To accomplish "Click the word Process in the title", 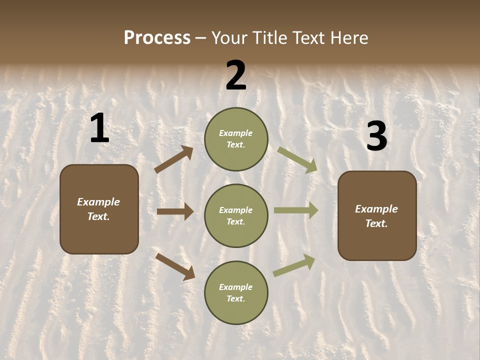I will pos(157,37).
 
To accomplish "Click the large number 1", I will pos(99,128).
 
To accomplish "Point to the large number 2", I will pos(236,75).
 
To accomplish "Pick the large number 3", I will pos(376,136).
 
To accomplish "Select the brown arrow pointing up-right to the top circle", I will pos(174,159).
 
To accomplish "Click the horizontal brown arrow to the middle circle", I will pos(175,211).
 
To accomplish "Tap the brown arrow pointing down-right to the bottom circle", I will pos(175,266).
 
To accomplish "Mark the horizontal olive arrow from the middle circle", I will pos(296,210).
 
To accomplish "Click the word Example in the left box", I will pos(98,202).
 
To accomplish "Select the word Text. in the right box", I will pos(376,223).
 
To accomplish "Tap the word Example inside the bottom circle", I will pos(236,287).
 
